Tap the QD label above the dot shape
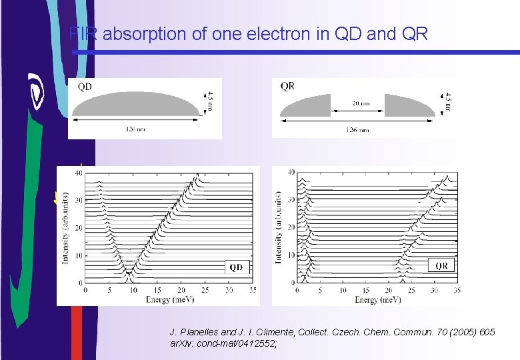[85, 86]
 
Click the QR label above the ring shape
[287, 86]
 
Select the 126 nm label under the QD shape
[135, 129]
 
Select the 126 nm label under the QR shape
[358, 129]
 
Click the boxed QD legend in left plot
[237, 267]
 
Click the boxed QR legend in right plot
[441, 265]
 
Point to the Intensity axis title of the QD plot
[65, 227]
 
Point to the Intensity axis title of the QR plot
[277, 227]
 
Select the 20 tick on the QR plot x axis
[387, 291]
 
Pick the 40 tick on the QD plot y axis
[78, 173]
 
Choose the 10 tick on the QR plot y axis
[291, 255]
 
